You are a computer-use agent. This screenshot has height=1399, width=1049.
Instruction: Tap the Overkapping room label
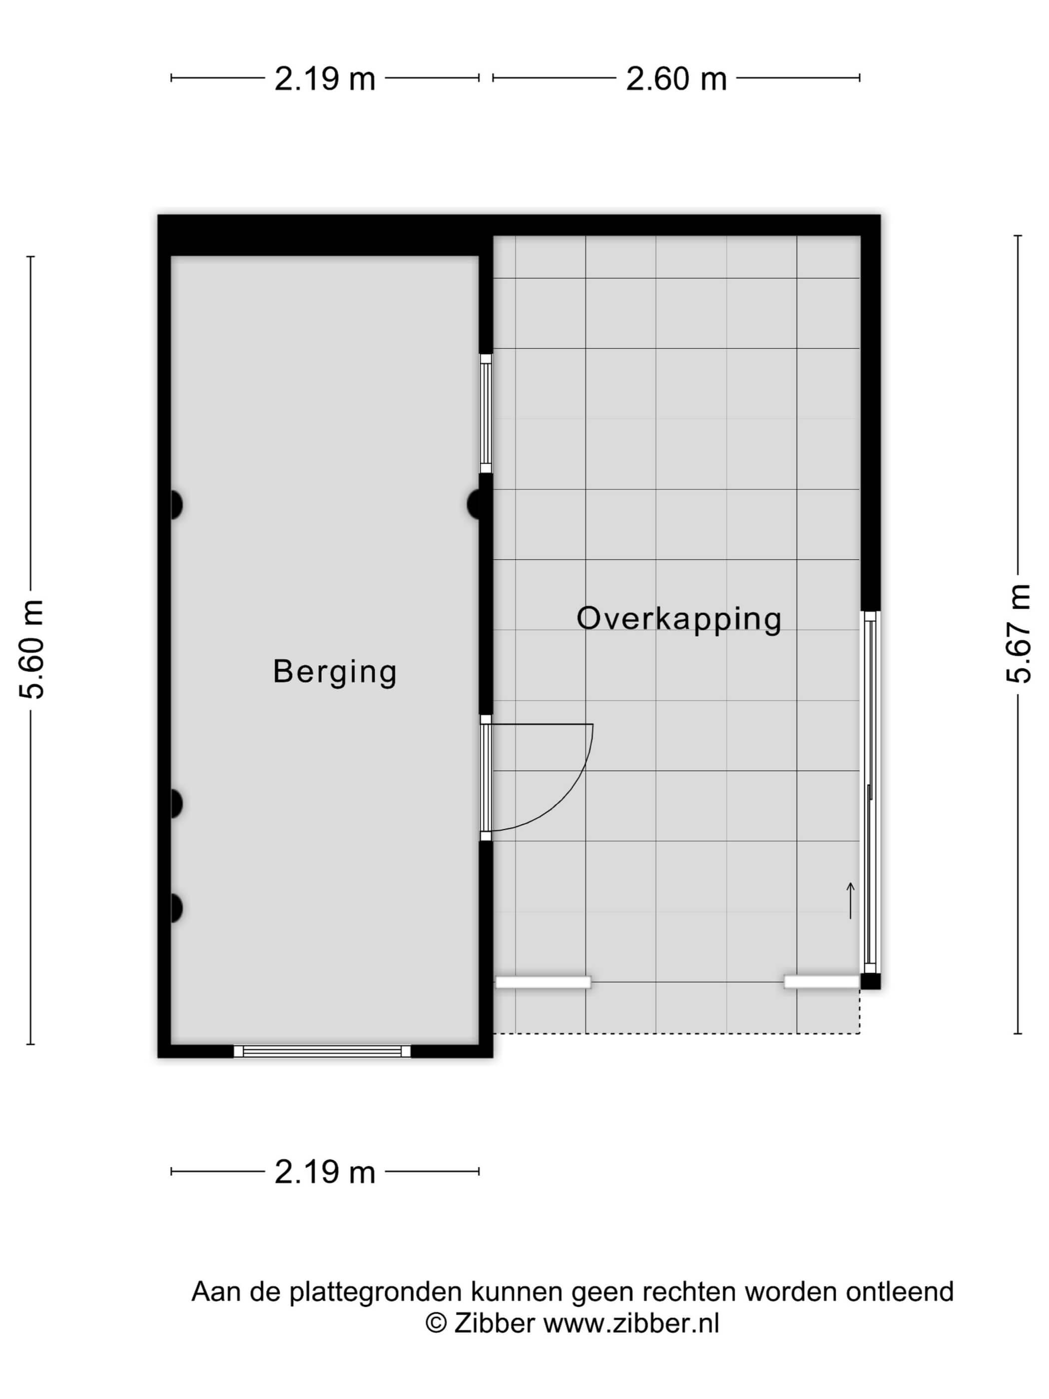679,619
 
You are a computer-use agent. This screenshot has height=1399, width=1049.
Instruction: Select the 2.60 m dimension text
676,79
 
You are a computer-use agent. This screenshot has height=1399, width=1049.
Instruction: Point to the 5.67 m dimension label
1018,634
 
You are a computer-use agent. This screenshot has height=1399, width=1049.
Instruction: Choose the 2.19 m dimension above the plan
325,79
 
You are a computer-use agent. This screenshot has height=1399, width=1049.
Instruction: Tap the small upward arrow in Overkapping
851,900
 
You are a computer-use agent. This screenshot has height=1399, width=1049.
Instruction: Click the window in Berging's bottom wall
322,1051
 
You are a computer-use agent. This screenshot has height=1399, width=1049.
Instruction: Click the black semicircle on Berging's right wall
474,505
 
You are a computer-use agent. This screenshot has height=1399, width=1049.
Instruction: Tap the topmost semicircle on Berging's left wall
176,505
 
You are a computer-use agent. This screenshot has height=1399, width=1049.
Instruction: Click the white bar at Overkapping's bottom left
543,982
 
